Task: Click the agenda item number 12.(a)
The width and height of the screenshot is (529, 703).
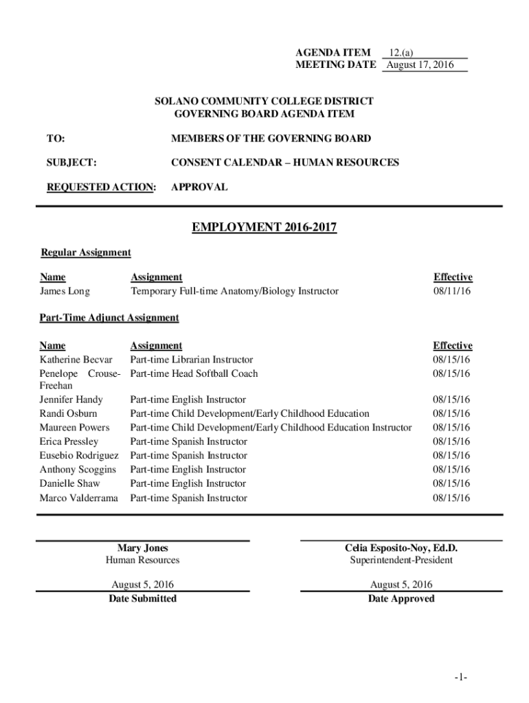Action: tap(401, 52)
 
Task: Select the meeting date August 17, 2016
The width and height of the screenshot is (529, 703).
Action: tap(420, 65)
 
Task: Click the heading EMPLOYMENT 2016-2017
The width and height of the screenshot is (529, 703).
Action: tap(264, 227)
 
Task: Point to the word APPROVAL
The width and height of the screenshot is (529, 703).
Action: tap(199, 187)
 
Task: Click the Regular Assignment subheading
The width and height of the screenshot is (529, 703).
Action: tap(86, 253)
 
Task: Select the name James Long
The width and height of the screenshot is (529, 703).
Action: tap(65, 291)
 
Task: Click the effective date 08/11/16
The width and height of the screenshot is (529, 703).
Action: tap(451, 291)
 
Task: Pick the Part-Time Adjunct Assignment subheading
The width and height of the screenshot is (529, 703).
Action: tap(109, 318)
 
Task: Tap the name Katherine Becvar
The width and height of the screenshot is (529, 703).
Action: tap(76, 360)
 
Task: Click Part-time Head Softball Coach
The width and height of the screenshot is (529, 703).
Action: tap(194, 373)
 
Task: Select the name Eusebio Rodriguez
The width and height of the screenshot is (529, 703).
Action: tap(79, 456)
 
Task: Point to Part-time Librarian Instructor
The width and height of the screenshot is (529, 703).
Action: tap(192, 360)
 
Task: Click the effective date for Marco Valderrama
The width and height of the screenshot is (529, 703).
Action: tap(451, 498)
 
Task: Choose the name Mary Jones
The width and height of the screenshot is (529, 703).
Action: tap(142, 548)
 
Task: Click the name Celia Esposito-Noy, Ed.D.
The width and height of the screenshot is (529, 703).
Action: tap(401, 548)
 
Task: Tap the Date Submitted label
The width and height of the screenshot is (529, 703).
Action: tap(142, 599)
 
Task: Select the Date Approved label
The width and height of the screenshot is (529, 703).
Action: tap(401, 599)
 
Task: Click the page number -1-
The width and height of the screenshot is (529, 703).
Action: tap(460, 678)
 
